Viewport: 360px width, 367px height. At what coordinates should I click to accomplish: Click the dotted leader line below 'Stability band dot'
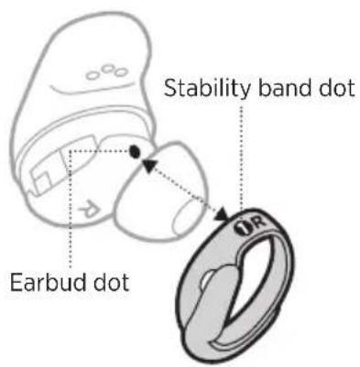(x=241, y=156)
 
